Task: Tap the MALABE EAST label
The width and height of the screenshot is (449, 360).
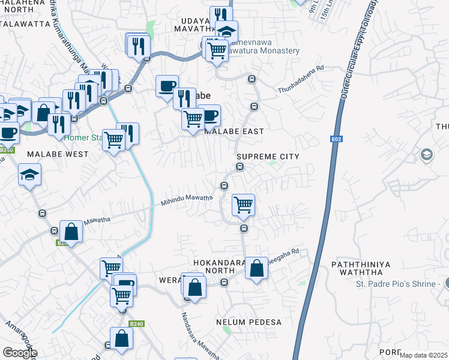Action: (234, 131)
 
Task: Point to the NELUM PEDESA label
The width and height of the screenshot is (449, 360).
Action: (249, 322)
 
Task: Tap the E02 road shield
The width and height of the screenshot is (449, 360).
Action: (336, 139)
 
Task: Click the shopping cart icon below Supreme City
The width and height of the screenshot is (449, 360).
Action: (243, 205)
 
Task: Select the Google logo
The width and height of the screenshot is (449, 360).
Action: (19, 353)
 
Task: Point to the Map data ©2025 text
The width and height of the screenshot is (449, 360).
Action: (423, 355)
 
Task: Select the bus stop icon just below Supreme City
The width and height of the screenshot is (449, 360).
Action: (240, 167)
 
